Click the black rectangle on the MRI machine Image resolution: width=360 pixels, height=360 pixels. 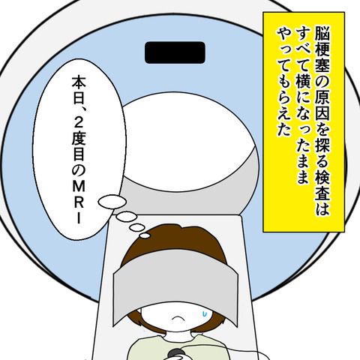[175, 52]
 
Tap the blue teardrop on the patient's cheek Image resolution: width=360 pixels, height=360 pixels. [205, 313]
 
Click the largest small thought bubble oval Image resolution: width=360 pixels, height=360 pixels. [112, 202]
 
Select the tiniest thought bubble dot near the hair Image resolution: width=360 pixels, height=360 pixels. [145, 235]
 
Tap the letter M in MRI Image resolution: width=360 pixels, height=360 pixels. [79, 186]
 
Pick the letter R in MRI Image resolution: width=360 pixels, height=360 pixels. [79, 202]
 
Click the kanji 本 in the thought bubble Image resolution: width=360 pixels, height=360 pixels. [79, 83]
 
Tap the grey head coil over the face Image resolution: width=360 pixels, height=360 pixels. [175, 287]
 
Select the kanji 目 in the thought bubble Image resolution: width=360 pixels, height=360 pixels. [79, 155]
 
